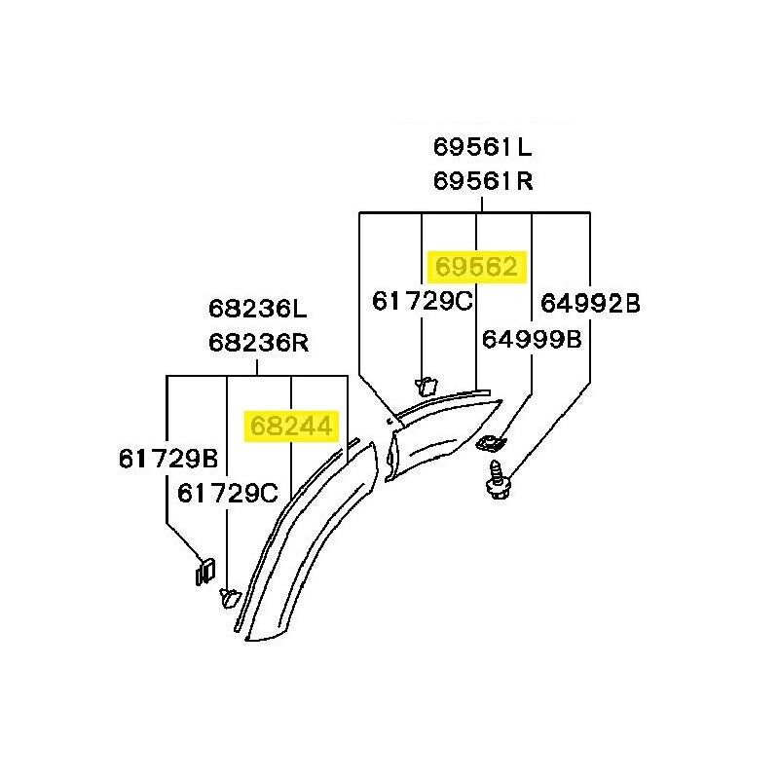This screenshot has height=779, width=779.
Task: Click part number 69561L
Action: [x=482, y=147]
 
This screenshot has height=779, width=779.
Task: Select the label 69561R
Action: [x=483, y=181]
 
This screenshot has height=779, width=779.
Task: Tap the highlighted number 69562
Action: [x=476, y=267]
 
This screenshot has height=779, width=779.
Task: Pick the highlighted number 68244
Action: [x=291, y=427]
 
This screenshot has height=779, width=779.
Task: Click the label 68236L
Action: [x=258, y=309]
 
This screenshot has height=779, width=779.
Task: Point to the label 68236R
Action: [x=258, y=343]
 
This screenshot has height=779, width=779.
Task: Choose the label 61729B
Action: [x=168, y=459]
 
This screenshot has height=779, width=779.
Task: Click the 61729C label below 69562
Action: [x=423, y=301]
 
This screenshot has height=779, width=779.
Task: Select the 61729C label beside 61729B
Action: [x=228, y=494]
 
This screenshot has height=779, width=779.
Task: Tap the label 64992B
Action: [x=590, y=303]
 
